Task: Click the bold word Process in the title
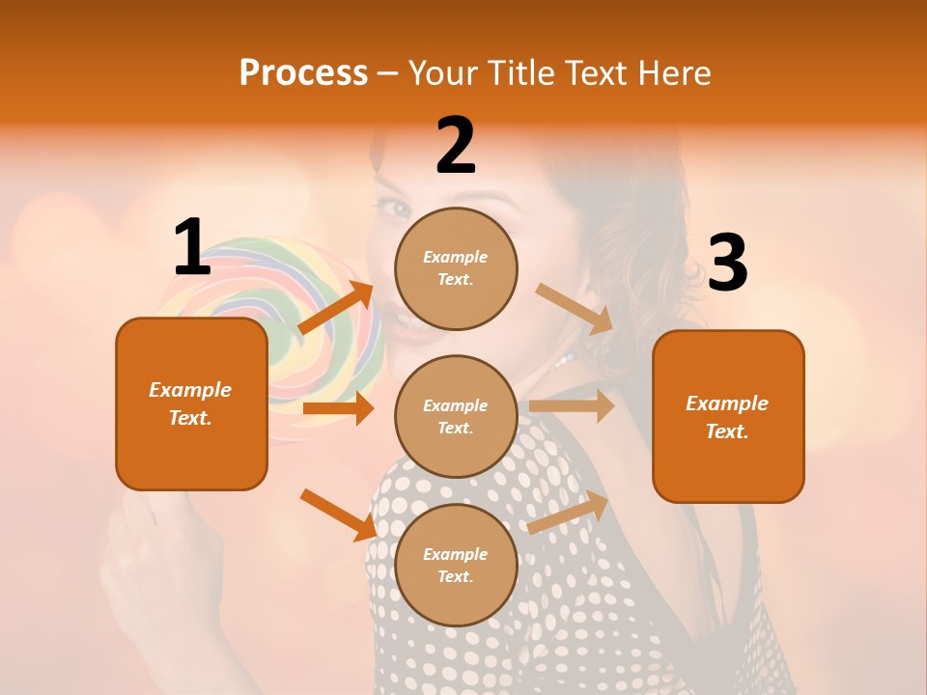pos(303,73)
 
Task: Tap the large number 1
pos(192,248)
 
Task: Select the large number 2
pos(456,147)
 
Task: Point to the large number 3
pos(727,264)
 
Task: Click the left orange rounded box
pos(191,404)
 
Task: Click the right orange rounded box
pos(728,417)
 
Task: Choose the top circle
pos(456,268)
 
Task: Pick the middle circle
pos(456,416)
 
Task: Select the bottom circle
pos(456,565)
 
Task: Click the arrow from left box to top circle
pos(337,308)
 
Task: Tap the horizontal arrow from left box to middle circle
pos(338,408)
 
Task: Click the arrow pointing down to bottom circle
pos(339,514)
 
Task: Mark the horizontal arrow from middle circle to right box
pos(571,405)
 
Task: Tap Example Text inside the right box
pos(727,417)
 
